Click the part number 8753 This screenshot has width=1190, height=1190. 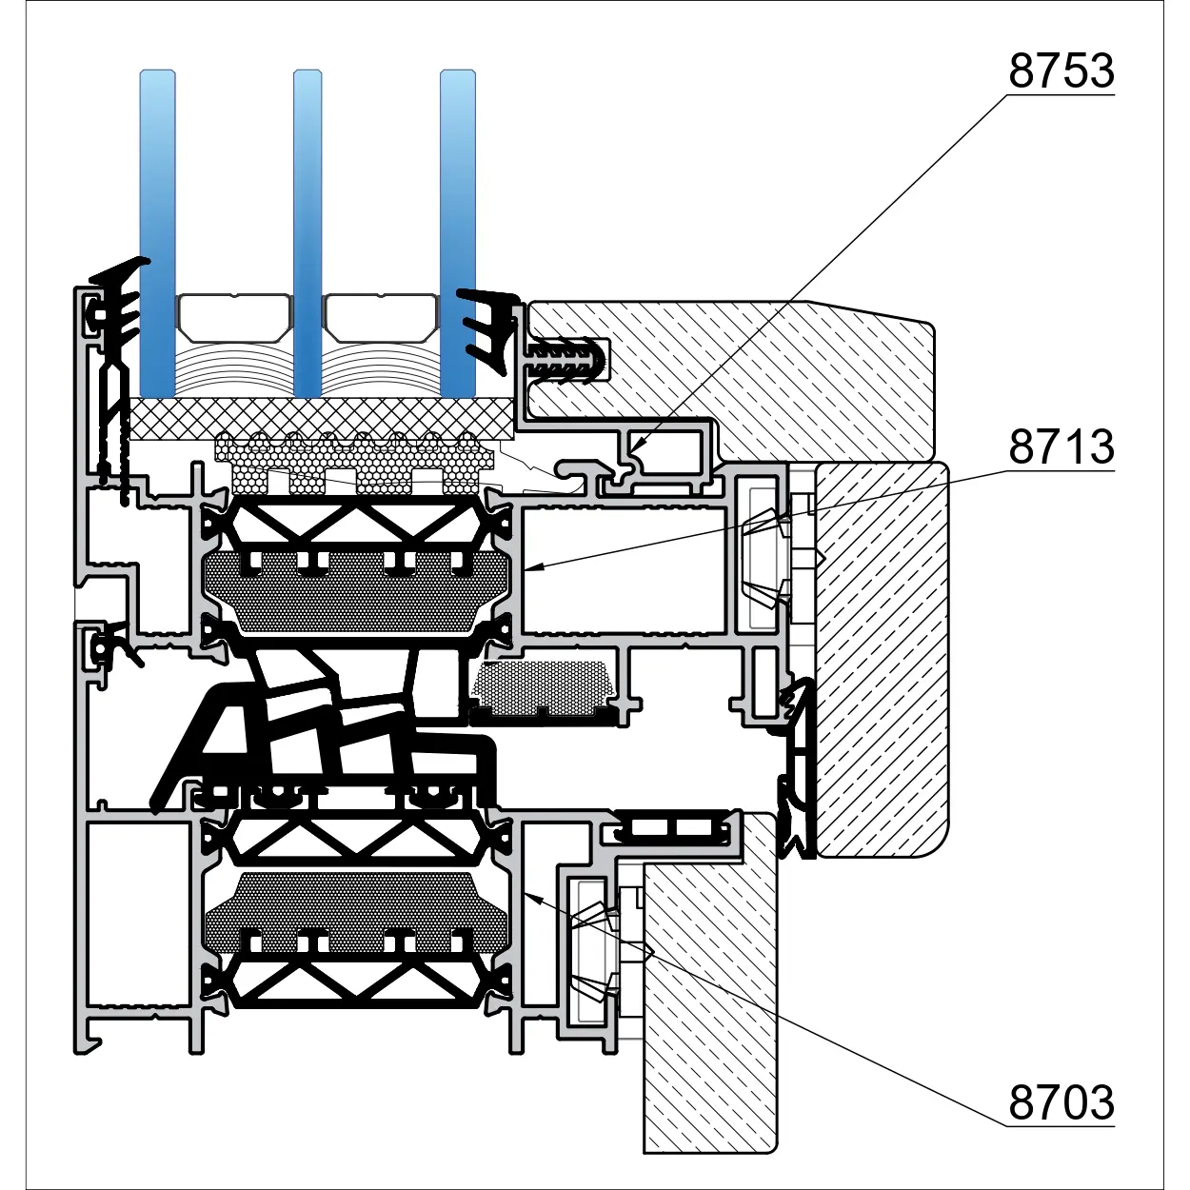(x=1061, y=71)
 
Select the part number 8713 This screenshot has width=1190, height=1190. (x=1061, y=446)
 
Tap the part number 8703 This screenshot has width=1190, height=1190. (x=1061, y=1103)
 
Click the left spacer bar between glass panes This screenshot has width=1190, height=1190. (x=234, y=318)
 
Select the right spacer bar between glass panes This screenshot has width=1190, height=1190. (x=381, y=318)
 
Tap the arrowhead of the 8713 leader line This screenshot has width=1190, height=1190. (x=527, y=569)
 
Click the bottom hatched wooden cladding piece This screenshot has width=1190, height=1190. (x=709, y=1000)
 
